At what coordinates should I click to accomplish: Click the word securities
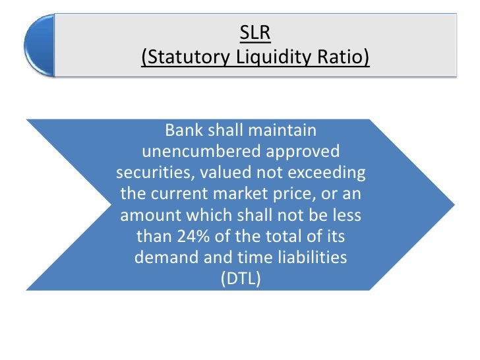[148, 173]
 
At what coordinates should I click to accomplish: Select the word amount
[149, 216]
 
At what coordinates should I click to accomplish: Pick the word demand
[164, 258]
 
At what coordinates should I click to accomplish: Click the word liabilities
[310, 258]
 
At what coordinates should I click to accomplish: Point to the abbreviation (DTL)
[240, 279]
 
